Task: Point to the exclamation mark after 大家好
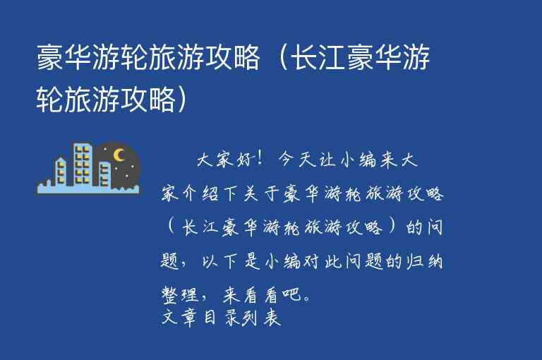click(x=260, y=160)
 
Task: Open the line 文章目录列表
click(x=222, y=318)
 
